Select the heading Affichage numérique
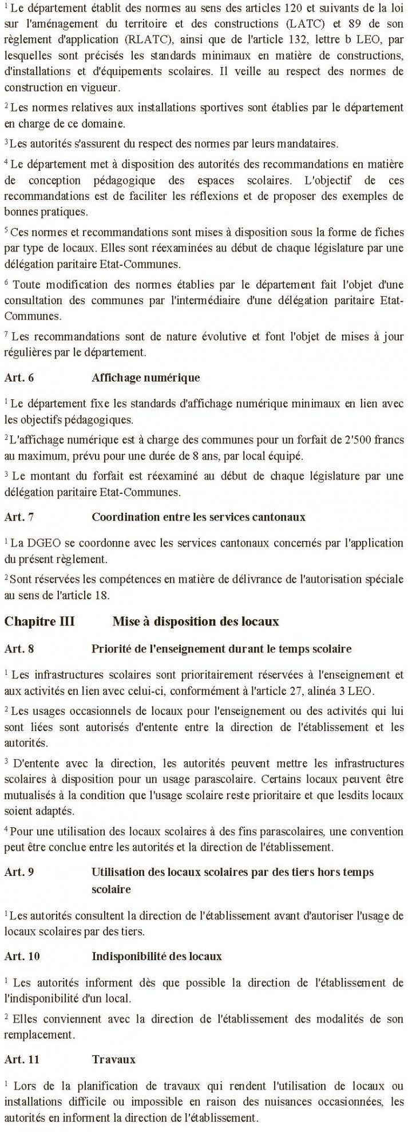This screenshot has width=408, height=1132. pos(145,378)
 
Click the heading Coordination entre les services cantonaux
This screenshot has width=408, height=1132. pos(198,517)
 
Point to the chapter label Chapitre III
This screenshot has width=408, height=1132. pos(39,622)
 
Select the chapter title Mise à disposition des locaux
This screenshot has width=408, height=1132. pos(195,622)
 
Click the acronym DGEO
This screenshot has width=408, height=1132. pos(37,542)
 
